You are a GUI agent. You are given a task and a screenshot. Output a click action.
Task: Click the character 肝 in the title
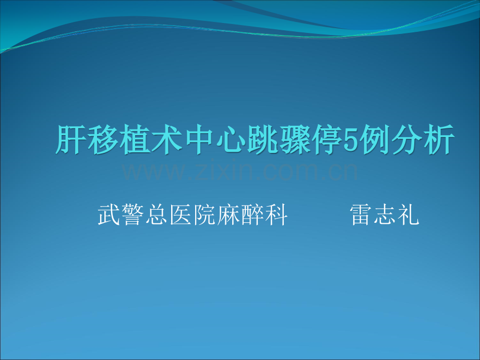coord(70,139)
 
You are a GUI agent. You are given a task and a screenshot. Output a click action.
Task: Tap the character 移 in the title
coord(100,139)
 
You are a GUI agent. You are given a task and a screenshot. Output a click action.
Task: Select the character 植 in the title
coord(131,139)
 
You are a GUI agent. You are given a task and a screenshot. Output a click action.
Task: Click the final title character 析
coord(436,139)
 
